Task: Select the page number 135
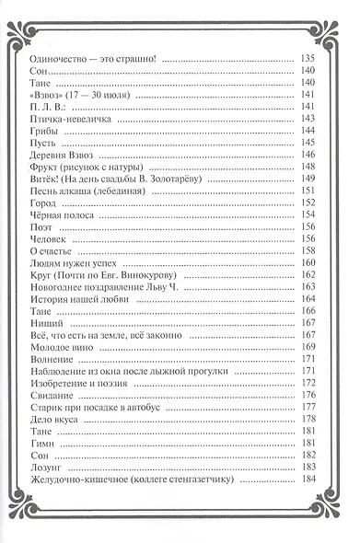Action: tap(323, 59)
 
